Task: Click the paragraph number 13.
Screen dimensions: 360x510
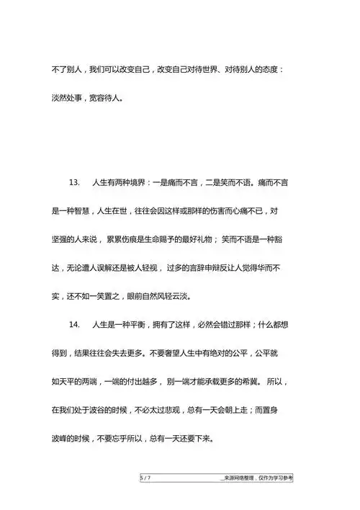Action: point(74,183)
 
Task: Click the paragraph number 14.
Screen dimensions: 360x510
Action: point(74,325)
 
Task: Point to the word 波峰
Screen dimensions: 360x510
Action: point(59,439)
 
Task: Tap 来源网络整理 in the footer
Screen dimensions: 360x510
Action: point(241,478)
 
